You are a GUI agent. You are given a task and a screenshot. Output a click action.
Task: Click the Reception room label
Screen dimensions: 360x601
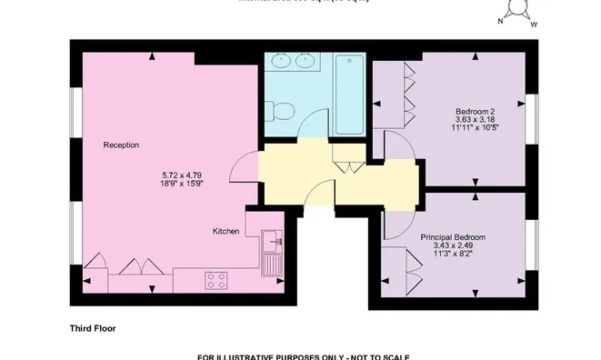click(x=121, y=145)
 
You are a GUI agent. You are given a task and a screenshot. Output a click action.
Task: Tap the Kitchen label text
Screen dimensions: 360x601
click(x=225, y=232)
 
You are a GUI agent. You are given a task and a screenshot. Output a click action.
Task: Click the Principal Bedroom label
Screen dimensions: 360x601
click(x=452, y=237)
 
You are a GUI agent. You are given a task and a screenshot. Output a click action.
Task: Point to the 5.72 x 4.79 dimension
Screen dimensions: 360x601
click(x=180, y=175)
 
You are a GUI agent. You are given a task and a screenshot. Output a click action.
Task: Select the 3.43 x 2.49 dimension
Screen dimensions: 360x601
click(x=452, y=246)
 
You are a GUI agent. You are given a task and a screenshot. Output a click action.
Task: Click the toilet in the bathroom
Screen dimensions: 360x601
click(x=284, y=113)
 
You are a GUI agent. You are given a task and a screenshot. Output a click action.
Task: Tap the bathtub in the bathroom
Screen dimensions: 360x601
click(x=348, y=95)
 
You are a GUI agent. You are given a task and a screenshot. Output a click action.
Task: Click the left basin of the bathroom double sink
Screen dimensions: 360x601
click(x=280, y=64)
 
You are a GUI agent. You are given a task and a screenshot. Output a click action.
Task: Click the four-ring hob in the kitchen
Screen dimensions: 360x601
click(x=216, y=280)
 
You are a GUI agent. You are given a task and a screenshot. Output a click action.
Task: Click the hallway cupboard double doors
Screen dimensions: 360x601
click(x=346, y=164)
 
